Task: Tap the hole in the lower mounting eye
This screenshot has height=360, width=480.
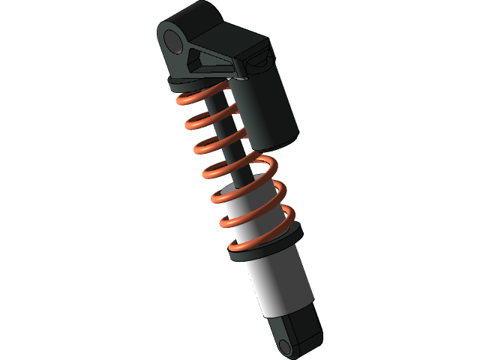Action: [x=286, y=346]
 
